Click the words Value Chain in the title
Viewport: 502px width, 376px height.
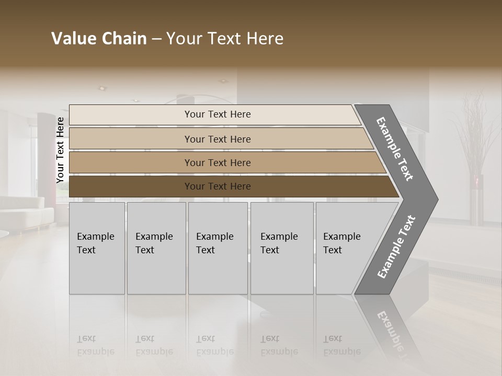[99, 39]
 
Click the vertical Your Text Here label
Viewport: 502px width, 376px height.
[60, 150]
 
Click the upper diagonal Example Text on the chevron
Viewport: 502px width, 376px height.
[395, 149]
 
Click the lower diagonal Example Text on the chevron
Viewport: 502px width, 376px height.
[396, 247]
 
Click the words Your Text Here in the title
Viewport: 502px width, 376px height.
[225, 39]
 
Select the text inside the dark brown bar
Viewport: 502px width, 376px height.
[218, 186]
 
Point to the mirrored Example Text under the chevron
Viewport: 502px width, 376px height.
[393, 334]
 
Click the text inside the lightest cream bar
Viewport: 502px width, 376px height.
[218, 114]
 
